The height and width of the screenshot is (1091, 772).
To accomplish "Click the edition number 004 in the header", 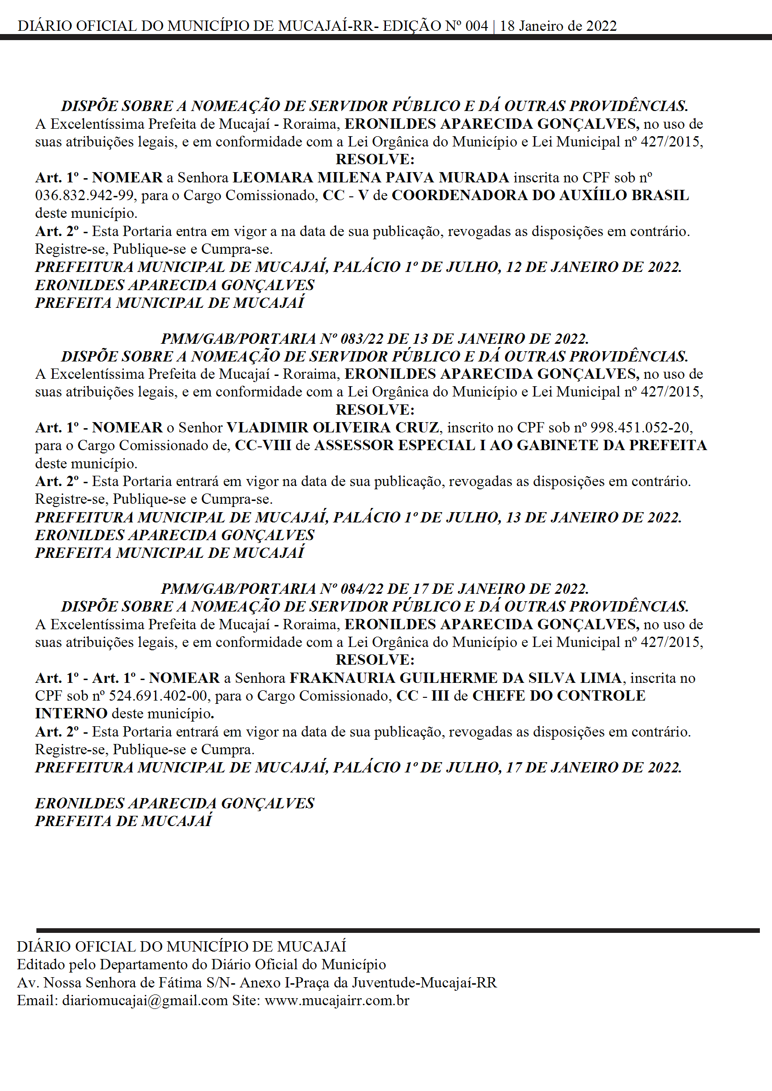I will [477, 26].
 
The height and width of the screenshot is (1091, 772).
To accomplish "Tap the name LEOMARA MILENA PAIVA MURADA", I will [370, 177].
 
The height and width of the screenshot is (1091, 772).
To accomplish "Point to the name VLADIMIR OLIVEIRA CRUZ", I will [332, 427].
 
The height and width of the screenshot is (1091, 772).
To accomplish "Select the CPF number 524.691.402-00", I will [158, 695].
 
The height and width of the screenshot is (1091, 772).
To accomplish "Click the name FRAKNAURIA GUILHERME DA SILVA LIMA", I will [456, 678].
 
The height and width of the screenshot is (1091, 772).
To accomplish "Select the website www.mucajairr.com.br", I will [337, 1000].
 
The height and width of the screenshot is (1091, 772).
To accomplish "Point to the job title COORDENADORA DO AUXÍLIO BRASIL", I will [540, 195].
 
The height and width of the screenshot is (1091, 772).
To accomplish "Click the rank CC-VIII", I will [263, 445].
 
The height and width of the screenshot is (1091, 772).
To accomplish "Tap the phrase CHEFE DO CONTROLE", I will [559, 695].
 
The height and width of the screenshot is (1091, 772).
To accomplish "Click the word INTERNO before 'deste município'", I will [71, 713].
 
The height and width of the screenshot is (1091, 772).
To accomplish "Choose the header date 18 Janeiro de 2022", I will [558, 26].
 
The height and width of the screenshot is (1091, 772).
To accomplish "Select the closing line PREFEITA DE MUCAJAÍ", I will [124, 820].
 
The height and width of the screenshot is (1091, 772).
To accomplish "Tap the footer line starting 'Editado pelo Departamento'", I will [202, 964].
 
